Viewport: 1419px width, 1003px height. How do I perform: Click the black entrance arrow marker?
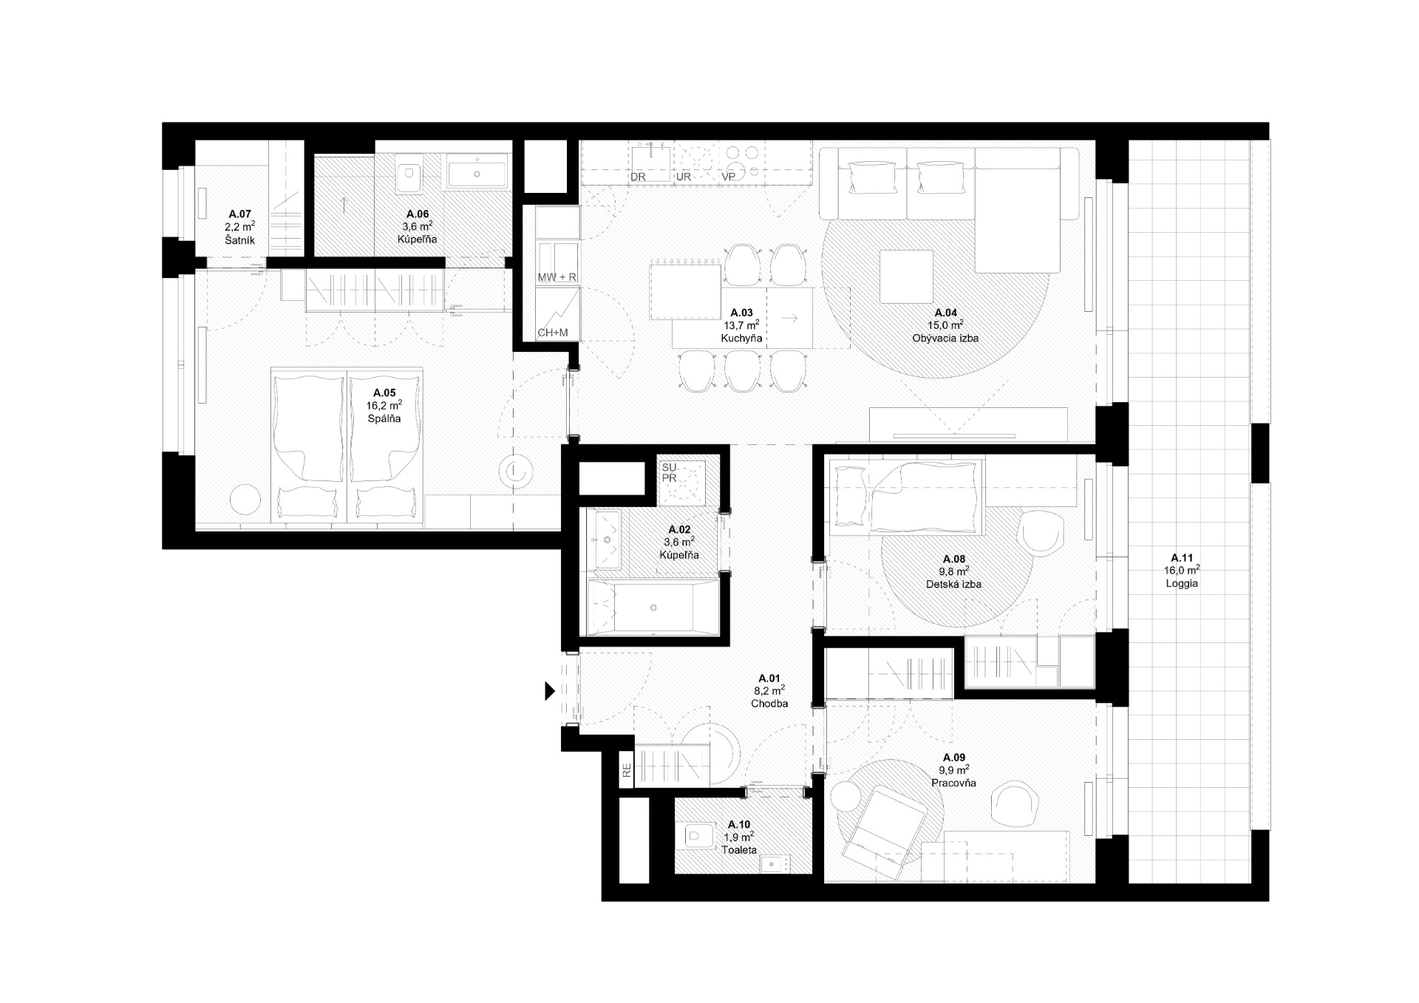tap(550, 690)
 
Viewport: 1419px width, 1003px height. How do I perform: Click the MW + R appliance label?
tap(557, 276)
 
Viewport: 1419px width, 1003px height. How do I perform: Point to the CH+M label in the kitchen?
tap(553, 333)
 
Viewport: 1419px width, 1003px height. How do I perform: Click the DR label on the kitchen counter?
tap(638, 177)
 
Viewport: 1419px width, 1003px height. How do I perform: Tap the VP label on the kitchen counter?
tap(728, 177)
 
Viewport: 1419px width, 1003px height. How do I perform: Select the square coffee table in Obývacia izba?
tap(907, 276)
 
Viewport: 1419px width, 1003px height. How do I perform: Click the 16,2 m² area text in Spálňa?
tap(384, 405)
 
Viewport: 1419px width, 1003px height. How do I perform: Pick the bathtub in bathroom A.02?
tap(653, 608)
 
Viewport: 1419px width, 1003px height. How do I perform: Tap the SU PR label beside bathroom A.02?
tap(669, 473)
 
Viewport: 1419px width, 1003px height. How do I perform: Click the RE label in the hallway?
tap(627, 772)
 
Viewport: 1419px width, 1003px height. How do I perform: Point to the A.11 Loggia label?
tap(1182, 571)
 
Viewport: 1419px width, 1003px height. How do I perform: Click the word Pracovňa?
tap(954, 783)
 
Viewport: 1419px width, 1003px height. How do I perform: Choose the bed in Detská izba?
tap(908, 497)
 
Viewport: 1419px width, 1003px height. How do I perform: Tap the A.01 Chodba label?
tap(769, 690)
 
